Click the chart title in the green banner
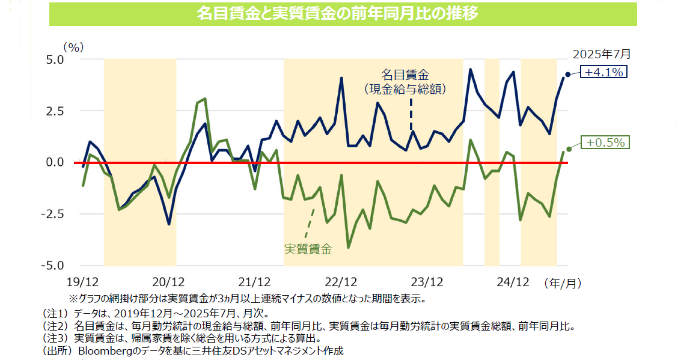pyautogui.click(x=341, y=14)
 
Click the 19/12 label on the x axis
pyautogui.click(x=82, y=281)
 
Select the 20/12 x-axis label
pyautogui.click(x=168, y=281)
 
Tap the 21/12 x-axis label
pyautogui.click(x=254, y=281)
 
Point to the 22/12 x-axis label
pyautogui.click(x=340, y=281)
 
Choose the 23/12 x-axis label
pyautogui.click(x=426, y=281)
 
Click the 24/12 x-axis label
pyautogui.click(x=512, y=281)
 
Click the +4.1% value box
pyautogui.click(x=604, y=72)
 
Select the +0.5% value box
pyautogui.click(x=605, y=142)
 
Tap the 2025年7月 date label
pyautogui.click(x=601, y=53)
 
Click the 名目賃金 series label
pyautogui.click(x=406, y=75)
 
